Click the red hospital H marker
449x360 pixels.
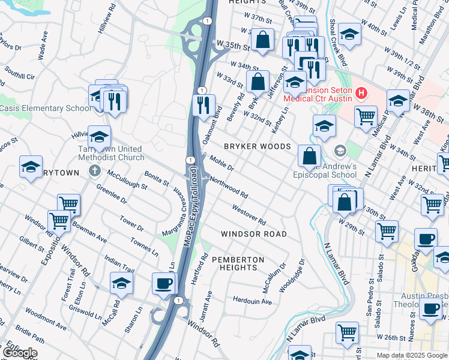tap(361, 93)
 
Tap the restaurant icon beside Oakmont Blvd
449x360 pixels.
tap(204, 105)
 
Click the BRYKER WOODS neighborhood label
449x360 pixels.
tap(257, 146)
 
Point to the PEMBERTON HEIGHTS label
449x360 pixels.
tap(241, 263)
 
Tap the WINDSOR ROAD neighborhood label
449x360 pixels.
tap(253, 233)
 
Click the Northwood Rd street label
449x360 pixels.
tap(229, 187)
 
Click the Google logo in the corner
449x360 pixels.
tap(19, 353)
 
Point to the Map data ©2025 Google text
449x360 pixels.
tap(412, 355)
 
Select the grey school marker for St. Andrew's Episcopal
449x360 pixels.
tap(340, 150)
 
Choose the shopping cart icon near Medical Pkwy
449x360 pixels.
tap(366, 116)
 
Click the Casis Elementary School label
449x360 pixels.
tap(44, 108)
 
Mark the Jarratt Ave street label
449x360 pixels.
tap(208, 305)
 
